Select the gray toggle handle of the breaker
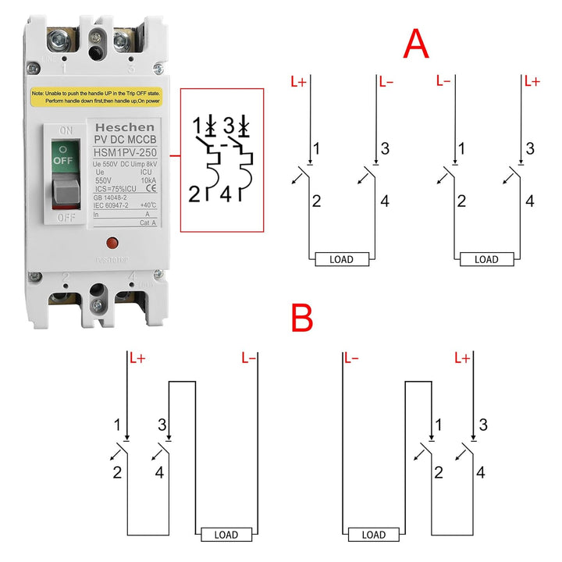(x=66, y=187)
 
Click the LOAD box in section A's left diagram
(x=341, y=259)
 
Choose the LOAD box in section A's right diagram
(x=486, y=259)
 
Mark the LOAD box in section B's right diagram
(x=374, y=535)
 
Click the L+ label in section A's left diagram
(x=297, y=81)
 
